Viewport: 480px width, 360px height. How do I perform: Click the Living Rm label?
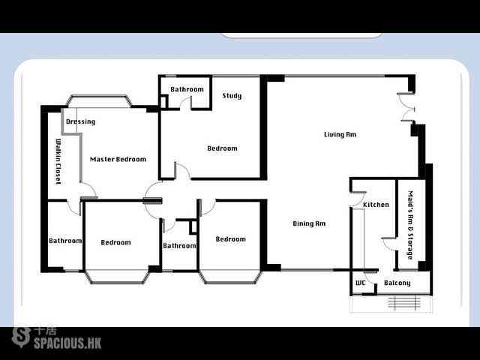[340, 134]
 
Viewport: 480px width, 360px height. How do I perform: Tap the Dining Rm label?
[309, 223]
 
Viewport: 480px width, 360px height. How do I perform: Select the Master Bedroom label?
[118, 159]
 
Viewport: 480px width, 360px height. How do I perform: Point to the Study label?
[232, 96]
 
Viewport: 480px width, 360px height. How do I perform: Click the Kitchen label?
[376, 205]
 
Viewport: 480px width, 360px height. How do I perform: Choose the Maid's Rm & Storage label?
[411, 225]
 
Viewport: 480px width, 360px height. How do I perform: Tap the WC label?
[361, 283]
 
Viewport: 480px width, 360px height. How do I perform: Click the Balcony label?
[397, 283]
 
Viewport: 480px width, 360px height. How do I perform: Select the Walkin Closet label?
[58, 162]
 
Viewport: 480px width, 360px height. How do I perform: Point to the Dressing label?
[80, 121]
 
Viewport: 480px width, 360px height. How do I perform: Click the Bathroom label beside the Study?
[187, 89]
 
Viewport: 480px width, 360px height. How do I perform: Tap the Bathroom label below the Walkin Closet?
[65, 241]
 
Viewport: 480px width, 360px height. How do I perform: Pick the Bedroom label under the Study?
[222, 148]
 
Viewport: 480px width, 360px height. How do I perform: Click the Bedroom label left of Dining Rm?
[230, 239]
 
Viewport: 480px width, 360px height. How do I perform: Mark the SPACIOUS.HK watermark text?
[67, 343]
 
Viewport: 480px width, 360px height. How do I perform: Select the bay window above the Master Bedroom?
[99, 101]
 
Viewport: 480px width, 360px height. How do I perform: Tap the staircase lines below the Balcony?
[403, 302]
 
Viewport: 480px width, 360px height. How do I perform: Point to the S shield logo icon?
[21, 337]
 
